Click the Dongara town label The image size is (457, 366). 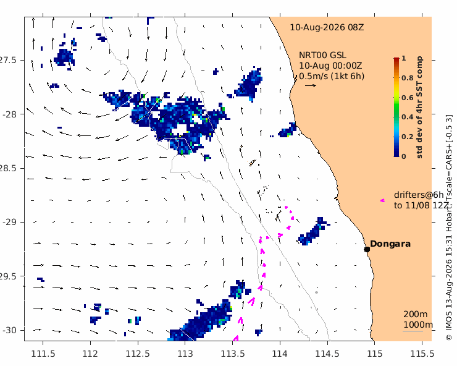(390, 244)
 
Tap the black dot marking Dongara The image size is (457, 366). (367, 249)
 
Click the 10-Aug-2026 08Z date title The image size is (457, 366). (327, 27)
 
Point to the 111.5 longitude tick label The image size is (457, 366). (43, 354)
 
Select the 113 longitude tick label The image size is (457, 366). (185, 354)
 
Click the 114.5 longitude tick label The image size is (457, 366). (327, 354)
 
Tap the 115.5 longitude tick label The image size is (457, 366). (422, 354)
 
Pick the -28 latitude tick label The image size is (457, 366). (10, 114)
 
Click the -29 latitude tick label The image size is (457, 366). (10, 222)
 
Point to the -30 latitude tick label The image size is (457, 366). (10, 330)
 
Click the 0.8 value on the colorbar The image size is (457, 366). (408, 78)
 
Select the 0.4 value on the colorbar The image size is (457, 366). (408, 117)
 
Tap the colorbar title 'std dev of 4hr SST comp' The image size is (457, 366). (419, 108)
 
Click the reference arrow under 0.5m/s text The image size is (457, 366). (311, 85)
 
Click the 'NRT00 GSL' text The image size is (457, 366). (322, 55)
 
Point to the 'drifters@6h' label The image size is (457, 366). (419, 195)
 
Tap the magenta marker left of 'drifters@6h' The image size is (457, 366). (382, 200)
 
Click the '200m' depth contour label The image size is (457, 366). (416, 314)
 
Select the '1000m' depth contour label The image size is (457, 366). (418, 325)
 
